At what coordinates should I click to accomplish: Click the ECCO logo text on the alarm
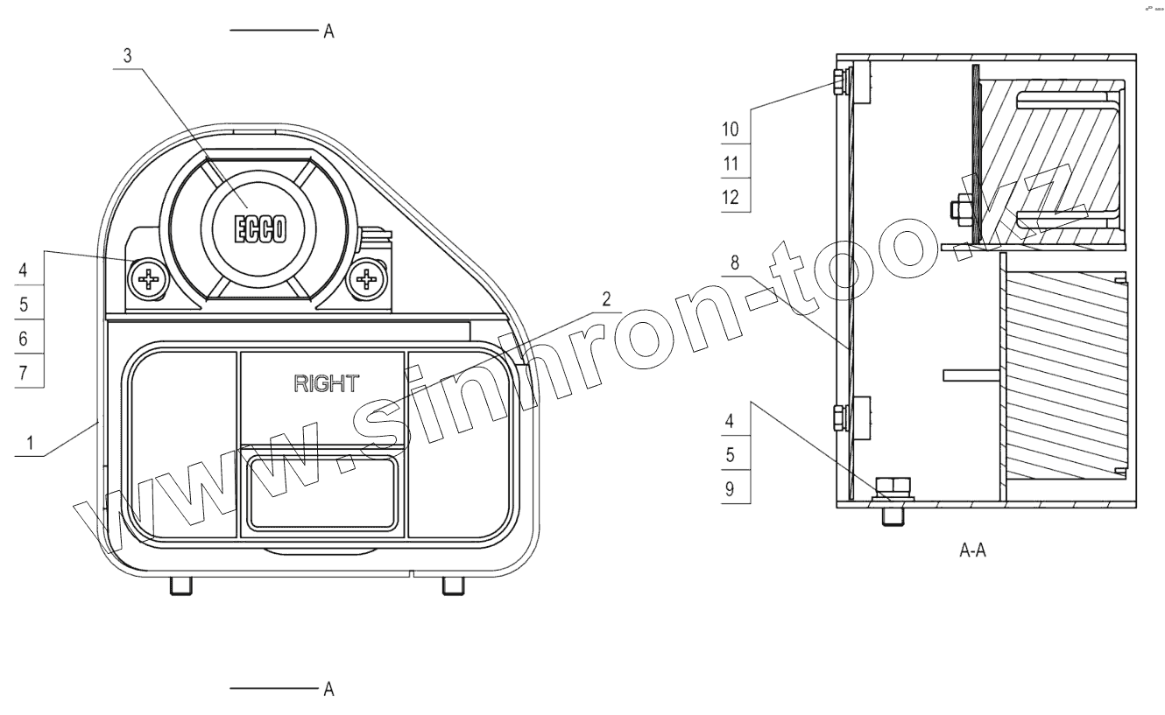pos(260,228)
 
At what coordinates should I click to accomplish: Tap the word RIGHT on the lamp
pos(327,384)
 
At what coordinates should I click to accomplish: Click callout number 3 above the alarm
pos(127,56)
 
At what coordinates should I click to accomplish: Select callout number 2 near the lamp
pos(606,299)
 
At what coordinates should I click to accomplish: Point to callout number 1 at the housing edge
pos(30,443)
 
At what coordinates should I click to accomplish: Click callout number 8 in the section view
pos(734,263)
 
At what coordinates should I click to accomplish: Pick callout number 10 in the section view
pos(731,130)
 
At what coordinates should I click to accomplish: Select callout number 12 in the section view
pos(731,198)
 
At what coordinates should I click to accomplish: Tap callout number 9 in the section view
pos(730,489)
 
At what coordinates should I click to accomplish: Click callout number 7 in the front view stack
pos(23,373)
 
